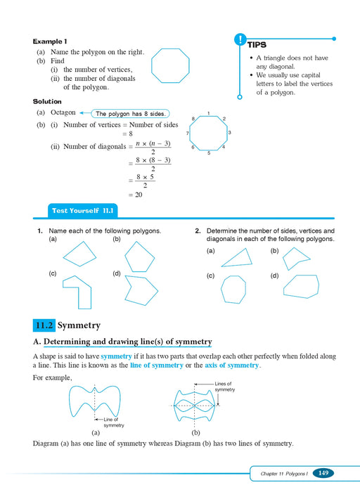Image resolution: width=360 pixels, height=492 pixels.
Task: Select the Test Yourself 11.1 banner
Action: [x=82, y=210]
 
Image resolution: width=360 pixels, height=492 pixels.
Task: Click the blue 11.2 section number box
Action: [x=44, y=325]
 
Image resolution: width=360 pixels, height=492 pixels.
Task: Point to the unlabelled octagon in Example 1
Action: [x=170, y=65]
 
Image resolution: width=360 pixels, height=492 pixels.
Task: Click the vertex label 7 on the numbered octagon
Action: [x=187, y=133]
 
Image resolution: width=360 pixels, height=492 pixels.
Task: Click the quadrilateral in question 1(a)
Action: [x=79, y=254]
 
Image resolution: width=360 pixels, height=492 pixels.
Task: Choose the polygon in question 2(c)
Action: [x=233, y=289]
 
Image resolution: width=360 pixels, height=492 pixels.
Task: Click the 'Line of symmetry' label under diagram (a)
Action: [x=113, y=422]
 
